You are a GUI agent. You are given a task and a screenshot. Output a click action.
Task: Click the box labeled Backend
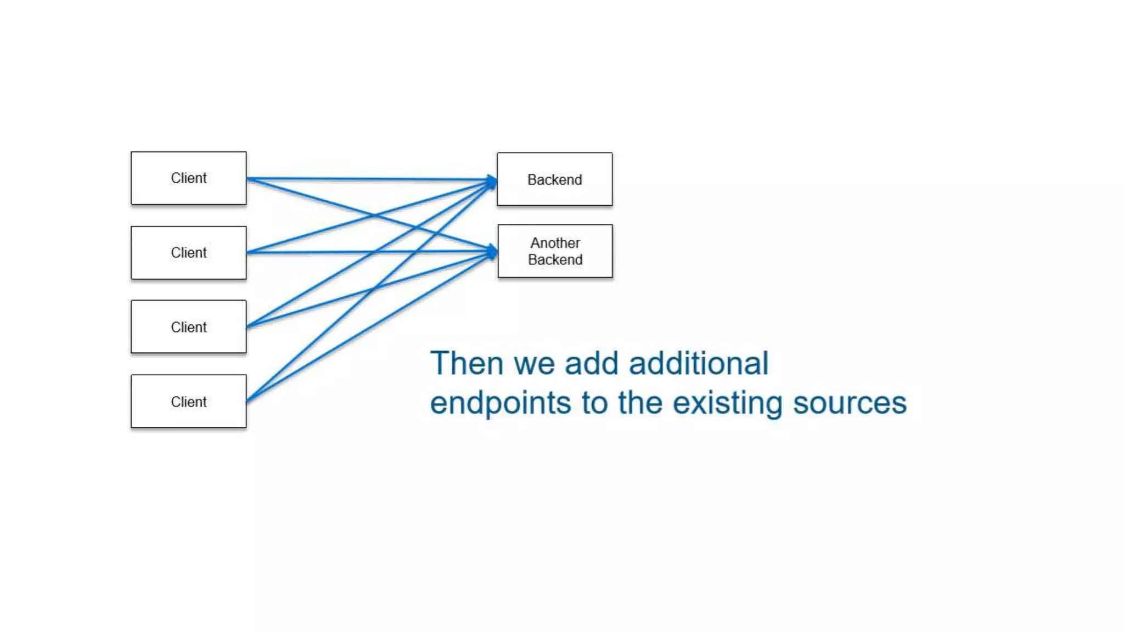click(x=554, y=179)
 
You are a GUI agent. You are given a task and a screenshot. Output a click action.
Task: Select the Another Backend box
click(x=555, y=251)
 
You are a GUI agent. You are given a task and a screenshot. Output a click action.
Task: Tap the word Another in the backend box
click(x=555, y=242)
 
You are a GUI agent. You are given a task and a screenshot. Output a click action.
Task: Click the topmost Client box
click(x=188, y=178)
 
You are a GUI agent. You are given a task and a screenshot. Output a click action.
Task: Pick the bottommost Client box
click(x=188, y=402)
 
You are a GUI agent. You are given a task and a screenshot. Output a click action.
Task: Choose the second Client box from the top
click(x=188, y=253)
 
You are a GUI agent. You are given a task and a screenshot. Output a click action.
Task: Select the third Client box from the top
click(x=188, y=327)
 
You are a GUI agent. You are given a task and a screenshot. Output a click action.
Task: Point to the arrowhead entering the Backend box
click(x=491, y=180)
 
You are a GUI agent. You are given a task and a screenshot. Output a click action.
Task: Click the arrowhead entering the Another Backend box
click(x=492, y=252)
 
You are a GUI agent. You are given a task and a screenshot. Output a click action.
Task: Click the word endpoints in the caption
click(x=501, y=404)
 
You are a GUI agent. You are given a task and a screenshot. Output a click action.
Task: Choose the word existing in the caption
click(x=727, y=404)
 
